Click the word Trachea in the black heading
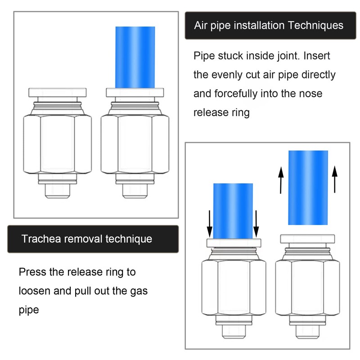tap(41, 239)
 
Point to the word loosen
tap(35, 291)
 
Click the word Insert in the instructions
tap(317, 56)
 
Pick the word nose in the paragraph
tap(312, 94)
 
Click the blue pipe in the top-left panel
tap(135, 58)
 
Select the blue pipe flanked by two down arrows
tap(233, 211)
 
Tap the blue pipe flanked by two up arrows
tap(308, 188)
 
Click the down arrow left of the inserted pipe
tap(209, 224)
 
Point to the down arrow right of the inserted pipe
tap(256, 224)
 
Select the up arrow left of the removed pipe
tap(281, 180)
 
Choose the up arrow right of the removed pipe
tap(335, 179)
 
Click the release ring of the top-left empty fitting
tap(58, 93)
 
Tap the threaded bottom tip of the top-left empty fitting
tap(58, 191)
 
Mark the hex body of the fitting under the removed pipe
tap(307, 288)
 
